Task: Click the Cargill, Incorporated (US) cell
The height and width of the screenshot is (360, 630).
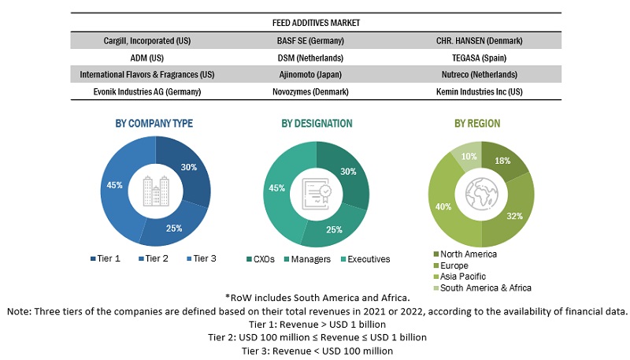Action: [x=146, y=40]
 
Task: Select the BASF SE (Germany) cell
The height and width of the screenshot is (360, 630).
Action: [x=316, y=40]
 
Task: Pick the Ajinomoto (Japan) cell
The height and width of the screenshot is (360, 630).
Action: [x=316, y=74]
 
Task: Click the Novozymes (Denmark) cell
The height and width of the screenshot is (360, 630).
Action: [x=316, y=91]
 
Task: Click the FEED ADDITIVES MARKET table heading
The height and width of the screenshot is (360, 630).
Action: [x=316, y=24]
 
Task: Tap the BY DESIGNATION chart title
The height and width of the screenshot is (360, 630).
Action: [x=317, y=124]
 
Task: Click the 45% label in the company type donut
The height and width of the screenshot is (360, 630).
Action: [x=115, y=185]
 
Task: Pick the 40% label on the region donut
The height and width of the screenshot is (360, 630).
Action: [x=443, y=207]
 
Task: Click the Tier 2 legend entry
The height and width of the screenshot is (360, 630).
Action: [x=153, y=258]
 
